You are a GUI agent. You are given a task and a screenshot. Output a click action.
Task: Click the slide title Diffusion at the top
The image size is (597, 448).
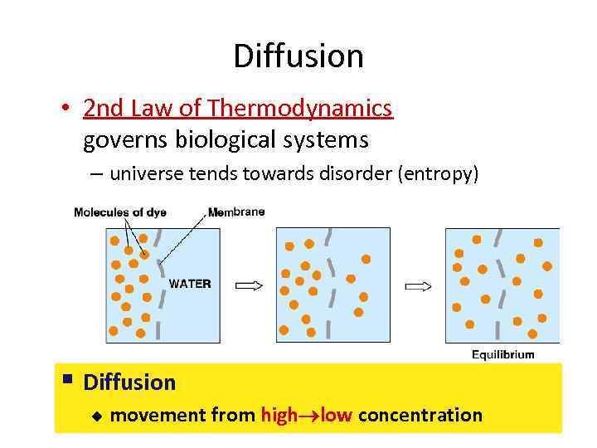point(298,56)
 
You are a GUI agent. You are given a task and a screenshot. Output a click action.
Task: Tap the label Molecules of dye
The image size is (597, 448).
point(120,212)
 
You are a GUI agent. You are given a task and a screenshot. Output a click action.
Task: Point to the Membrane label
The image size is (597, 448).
point(236,212)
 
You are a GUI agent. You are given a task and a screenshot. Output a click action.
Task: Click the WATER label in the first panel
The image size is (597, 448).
point(190,284)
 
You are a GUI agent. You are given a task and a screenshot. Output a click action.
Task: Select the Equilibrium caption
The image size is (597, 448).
point(502,354)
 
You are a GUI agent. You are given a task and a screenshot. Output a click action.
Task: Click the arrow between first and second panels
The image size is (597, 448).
point(250,285)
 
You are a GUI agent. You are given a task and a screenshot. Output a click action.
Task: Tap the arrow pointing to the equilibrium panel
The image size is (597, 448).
point(418,285)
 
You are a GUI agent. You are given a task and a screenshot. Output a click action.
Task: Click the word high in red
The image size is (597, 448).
point(279,415)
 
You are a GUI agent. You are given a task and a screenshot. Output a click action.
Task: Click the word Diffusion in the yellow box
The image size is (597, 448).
point(130,382)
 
